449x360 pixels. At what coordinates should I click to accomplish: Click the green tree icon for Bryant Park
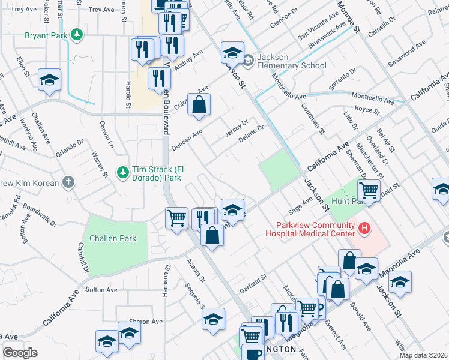click(76, 35)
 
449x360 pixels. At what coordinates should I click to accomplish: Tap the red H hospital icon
click(363, 228)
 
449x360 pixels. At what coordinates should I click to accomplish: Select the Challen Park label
click(113, 238)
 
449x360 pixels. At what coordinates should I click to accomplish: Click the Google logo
click(20, 353)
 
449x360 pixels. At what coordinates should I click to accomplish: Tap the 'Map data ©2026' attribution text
click(423, 355)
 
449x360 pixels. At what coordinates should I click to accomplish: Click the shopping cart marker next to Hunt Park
click(369, 191)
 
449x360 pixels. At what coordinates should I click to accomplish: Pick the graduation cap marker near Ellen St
click(49, 80)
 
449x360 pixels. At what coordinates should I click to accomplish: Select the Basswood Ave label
click(406, 55)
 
